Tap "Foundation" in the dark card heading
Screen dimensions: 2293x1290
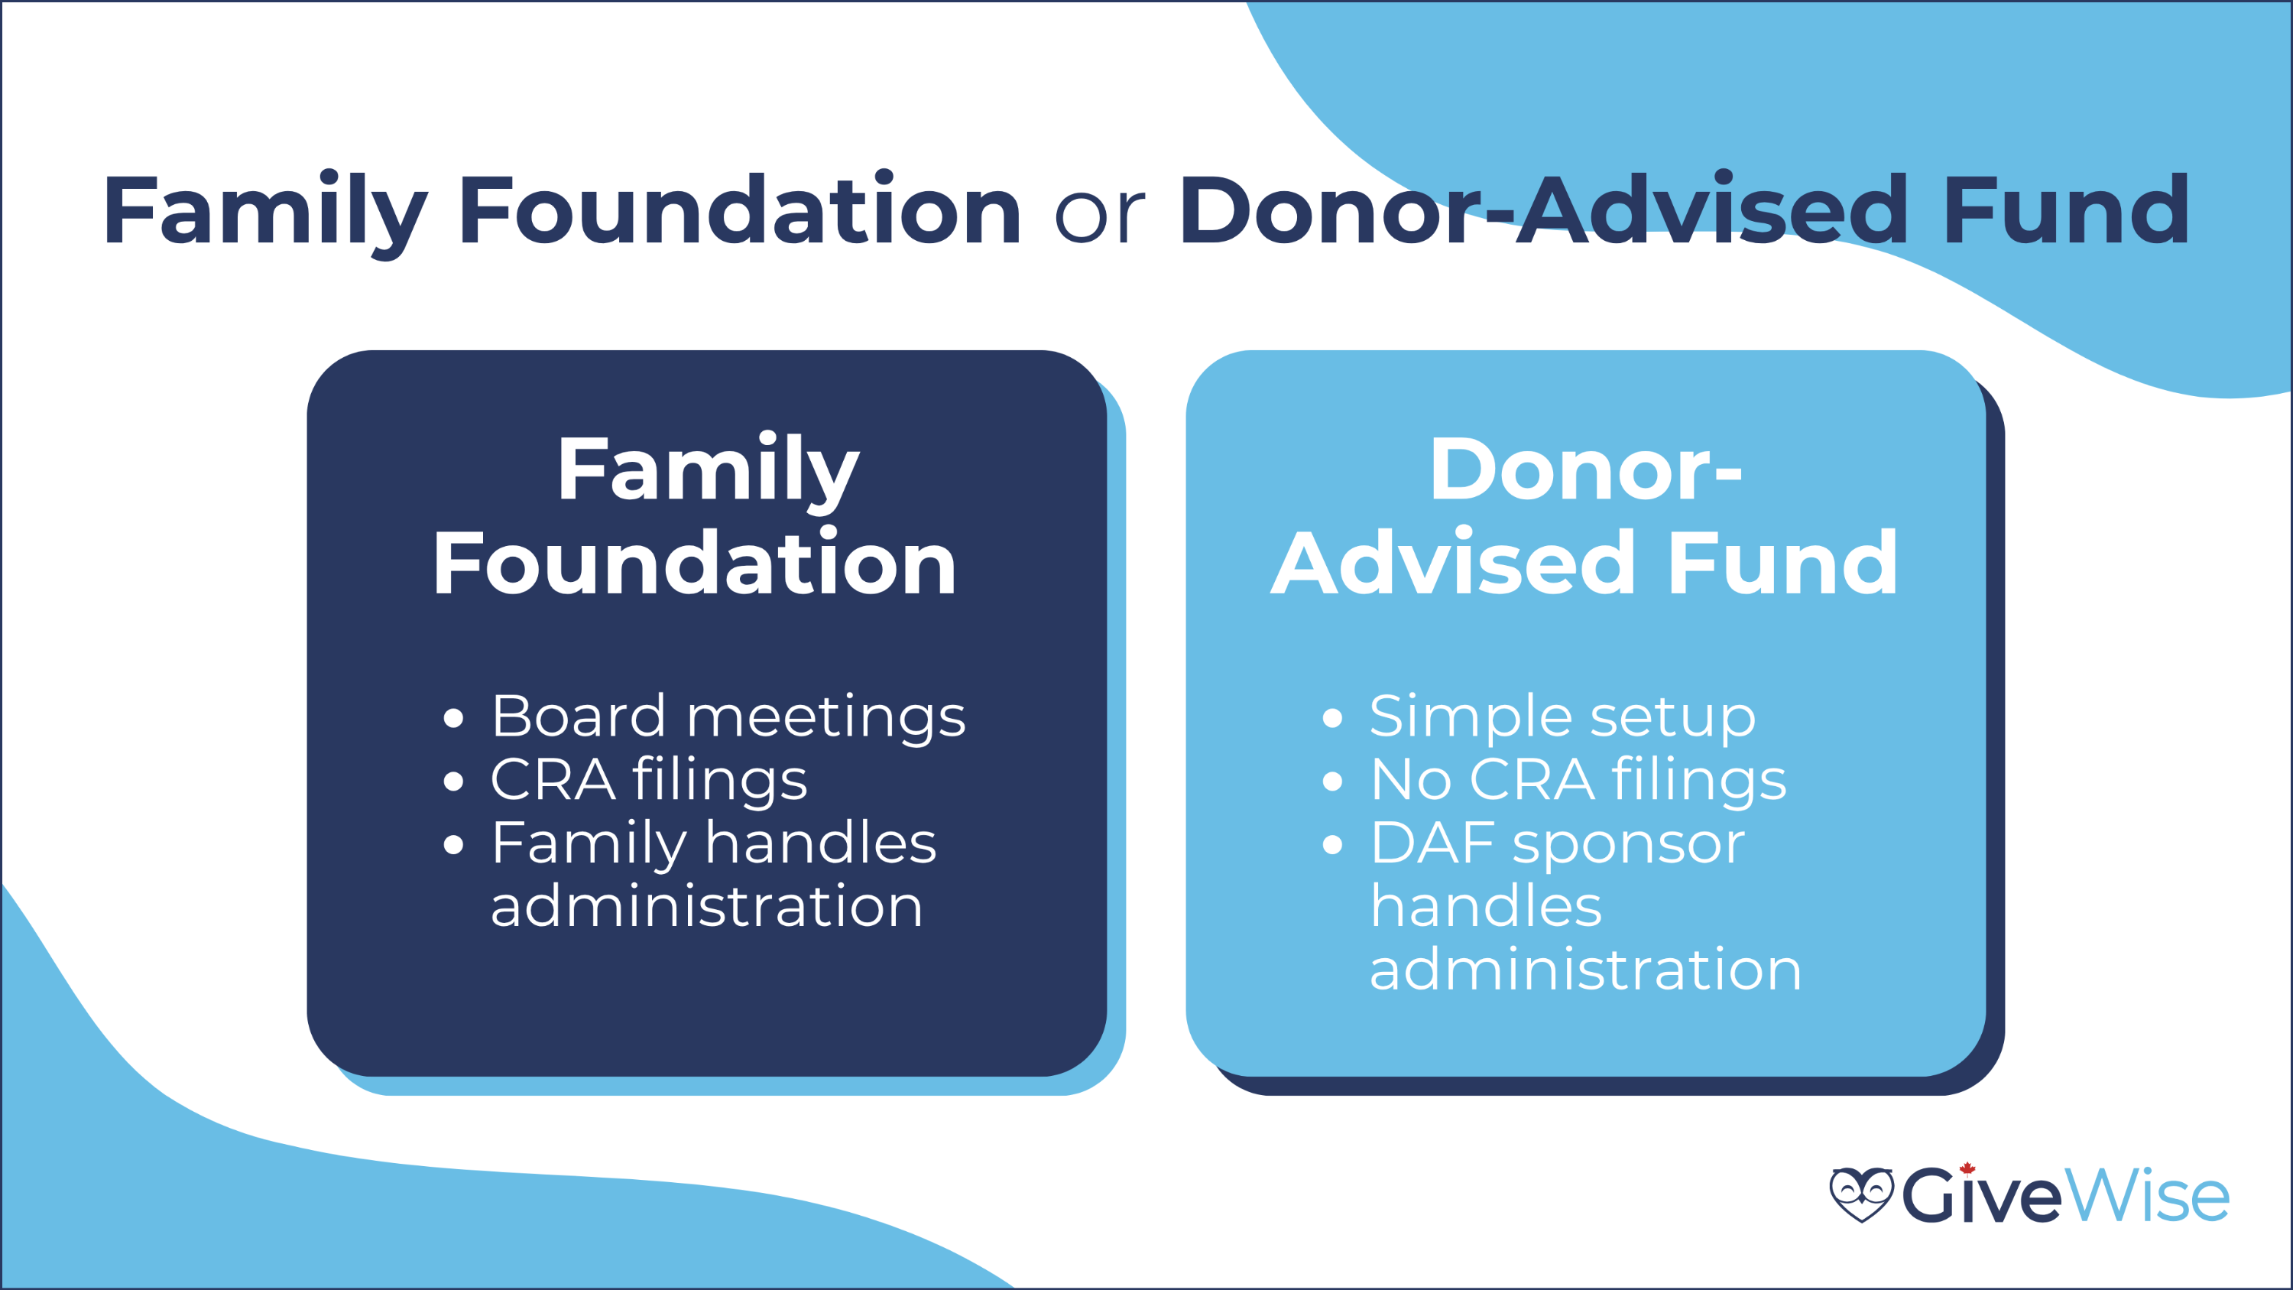pos(694,563)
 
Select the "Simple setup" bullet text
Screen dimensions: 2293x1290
pos(1562,717)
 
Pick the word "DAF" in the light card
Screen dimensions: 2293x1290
pos(1433,843)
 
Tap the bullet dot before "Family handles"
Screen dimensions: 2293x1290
pos(453,845)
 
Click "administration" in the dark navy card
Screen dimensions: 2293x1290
pos(707,906)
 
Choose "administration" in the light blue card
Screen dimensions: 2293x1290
pos(1586,969)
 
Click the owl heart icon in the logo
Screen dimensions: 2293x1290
pos(1861,1194)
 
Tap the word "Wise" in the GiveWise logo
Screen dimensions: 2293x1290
pos(2147,1194)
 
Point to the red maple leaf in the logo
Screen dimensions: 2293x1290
pos(1967,1168)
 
